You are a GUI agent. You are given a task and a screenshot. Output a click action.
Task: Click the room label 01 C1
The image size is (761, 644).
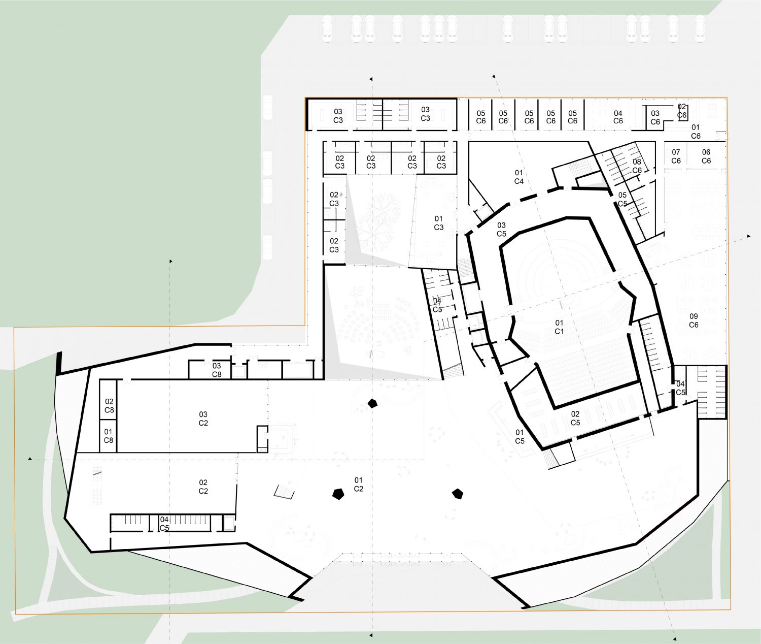pyautogui.click(x=559, y=327)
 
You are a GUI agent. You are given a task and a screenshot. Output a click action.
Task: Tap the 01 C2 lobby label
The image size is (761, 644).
pyautogui.click(x=358, y=485)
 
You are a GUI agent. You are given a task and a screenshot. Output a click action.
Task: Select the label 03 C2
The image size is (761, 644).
pyautogui.click(x=203, y=419)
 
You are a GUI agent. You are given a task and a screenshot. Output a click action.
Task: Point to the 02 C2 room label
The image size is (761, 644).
pyautogui.click(x=203, y=487)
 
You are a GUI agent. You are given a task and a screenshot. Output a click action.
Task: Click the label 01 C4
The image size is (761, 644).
pyautogui.click(x=518, y=177)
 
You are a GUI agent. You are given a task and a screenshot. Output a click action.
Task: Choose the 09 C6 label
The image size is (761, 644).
pyautogui.click(x=694, y=320)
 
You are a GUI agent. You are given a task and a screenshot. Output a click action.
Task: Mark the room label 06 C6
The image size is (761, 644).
pyautogui.click(x=706, y=156)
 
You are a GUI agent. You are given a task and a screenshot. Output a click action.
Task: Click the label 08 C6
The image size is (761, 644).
pyautogui.click(x=637, y=166)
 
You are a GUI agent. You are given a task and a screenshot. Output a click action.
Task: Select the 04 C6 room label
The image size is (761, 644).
pyautogui.click(x=618, y=117)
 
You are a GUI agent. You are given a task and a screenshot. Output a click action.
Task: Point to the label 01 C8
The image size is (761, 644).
pyautogui.click(x=108, y=436)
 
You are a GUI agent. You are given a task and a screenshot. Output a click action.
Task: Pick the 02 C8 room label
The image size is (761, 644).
pyautogui.click(x=110, y=405)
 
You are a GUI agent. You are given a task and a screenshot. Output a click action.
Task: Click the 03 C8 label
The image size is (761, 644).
pyautogui.click(x=217, y=370)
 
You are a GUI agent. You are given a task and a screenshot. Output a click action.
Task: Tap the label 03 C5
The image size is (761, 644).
pyautogui.click(x=501, y=229)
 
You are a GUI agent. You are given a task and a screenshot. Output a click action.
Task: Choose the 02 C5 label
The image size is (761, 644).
pyautogui.click(x=575, y=418)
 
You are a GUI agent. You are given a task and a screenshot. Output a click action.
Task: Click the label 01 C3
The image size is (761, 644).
pyautogui.click(x=438, y=223)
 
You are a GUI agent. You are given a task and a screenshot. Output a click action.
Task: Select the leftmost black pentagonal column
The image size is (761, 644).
pyautogui.click(x=338, y=494)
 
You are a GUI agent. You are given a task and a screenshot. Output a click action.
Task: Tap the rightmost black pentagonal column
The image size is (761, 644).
pyautogui.click(x=457, y=494)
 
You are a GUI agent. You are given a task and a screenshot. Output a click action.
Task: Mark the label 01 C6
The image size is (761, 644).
pyautogui.click(x=696, y=132)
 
